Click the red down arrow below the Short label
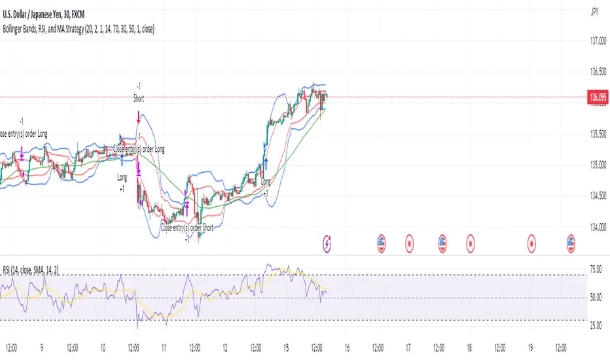point(139,118)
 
